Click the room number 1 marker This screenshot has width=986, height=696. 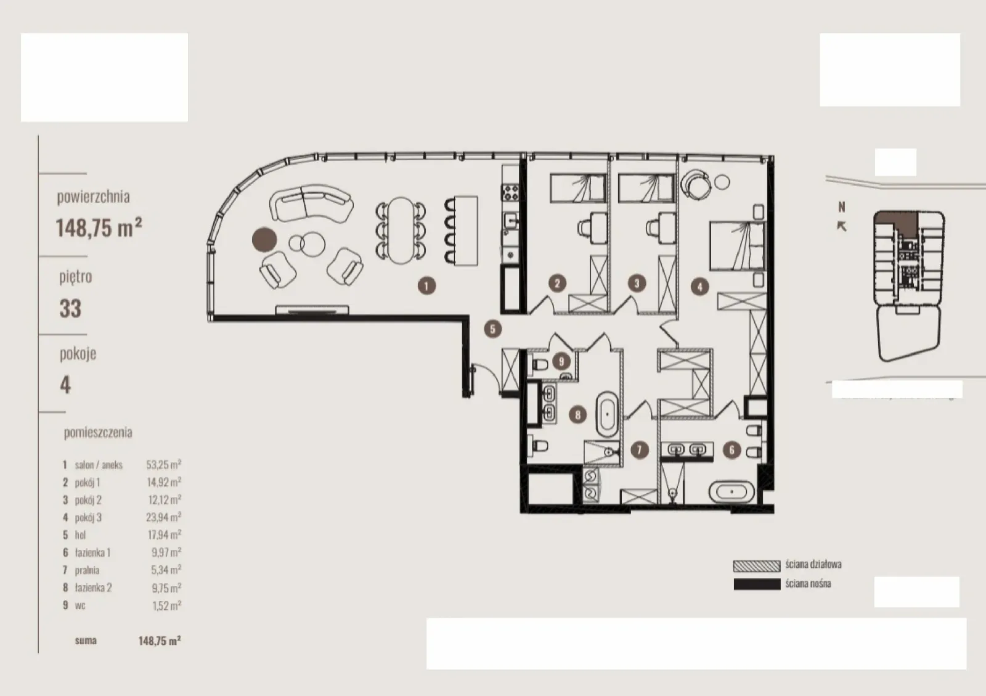[426, 285]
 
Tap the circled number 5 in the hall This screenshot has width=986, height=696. [492, 329]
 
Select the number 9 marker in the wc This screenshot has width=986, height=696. [561, 361]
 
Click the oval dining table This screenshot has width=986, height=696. [401, 230]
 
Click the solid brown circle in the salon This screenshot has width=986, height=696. [264, 239]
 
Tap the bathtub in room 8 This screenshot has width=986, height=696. [607, 414]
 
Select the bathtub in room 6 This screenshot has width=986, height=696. [731, 491]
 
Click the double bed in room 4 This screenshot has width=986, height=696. [737, 245]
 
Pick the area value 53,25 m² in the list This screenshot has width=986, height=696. [163, 464]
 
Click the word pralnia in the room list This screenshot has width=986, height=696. [87, 570]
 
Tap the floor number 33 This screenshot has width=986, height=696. [70, 308]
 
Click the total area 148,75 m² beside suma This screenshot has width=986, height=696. [160, 641]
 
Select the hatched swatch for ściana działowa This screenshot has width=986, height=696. [757, 566]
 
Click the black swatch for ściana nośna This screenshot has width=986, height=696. [757, 584]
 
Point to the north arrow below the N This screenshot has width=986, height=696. [841, 226]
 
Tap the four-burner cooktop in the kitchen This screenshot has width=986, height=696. [511, 192]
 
